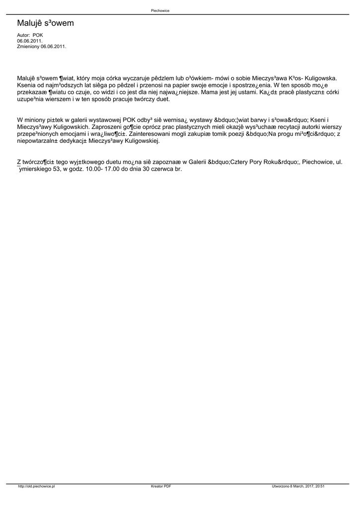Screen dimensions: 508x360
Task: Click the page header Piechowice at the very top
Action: pos(160,10)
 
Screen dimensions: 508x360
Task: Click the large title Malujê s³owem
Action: pos(45,23)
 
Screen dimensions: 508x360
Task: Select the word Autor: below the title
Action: pos(23,36)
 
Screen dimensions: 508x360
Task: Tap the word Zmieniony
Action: pos(28,46)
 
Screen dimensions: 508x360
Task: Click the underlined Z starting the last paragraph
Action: pos(19,162)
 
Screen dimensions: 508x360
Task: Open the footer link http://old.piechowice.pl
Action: pos(36,487)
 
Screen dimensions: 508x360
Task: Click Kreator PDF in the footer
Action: pos(161,487)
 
